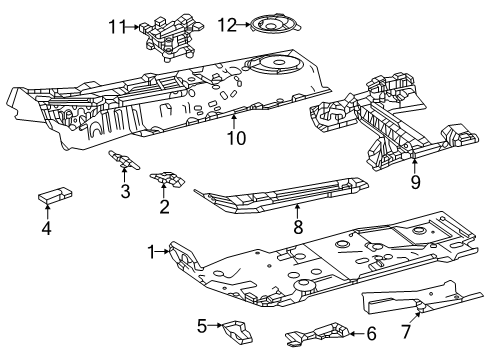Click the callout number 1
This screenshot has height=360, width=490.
tap(153, 253)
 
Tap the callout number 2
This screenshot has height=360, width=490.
tap(164, 207)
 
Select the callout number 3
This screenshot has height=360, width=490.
tap(125, 191)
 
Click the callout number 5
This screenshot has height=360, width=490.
tap(202, 325)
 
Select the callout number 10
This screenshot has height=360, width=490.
tap(235, 138)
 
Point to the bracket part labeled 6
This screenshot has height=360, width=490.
tap(317, 333)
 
